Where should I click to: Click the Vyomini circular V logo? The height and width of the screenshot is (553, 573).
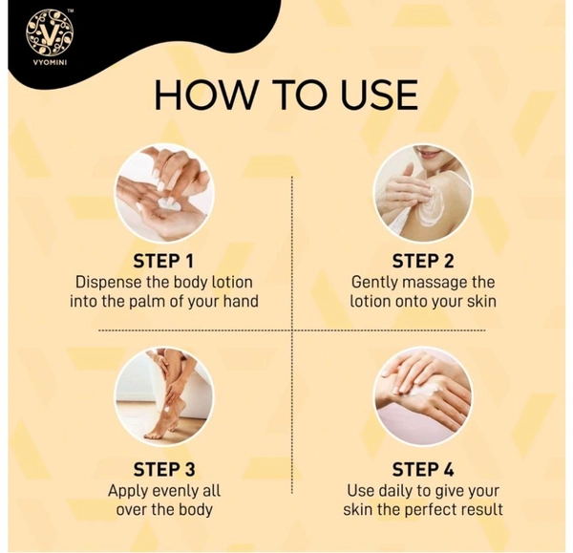pyautogui.click(x=50, y=32)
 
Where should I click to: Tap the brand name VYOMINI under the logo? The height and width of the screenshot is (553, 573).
pyautogui.click(x=50, y=62)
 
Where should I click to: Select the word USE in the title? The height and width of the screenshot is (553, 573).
pyautogui.click(x=379, y=95)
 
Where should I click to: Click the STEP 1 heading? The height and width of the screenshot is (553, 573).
pyautogui.click(x=163, y=261)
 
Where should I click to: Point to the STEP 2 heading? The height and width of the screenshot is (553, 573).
pyautogui.click(x=423, y=261)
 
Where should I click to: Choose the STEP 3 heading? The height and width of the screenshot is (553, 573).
pyautogui.click(x=164, y=469)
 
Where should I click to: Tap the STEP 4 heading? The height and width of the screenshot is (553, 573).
pyautogui.click(x=423, y=469)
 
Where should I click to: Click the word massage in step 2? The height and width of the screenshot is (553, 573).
pyautogui.click(x=435, y=283)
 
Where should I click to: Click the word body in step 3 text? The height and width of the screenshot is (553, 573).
pyautogui.click(x=195, y=509)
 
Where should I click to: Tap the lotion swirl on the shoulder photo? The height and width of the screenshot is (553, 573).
pyautogui.click(x=432, y=206)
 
